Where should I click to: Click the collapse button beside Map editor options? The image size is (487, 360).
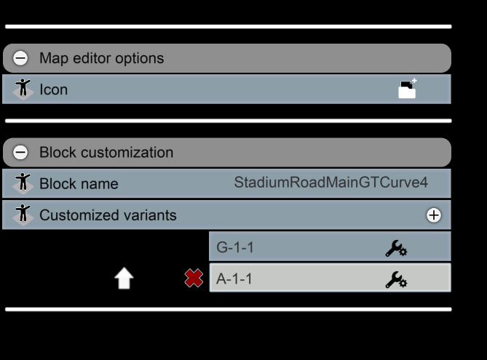[x=20, y=58]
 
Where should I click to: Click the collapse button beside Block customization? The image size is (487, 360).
[x=20, y=153]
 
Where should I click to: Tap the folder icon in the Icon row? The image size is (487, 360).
[x=407, y=89]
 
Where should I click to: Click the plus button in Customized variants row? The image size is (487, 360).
[x=434, y=215]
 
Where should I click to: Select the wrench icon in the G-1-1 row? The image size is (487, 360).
[x=396, y=248]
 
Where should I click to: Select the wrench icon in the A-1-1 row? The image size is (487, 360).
[x=396, y=279]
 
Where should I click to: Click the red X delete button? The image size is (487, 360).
[x=194, y=278]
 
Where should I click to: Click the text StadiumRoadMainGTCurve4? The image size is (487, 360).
[x=330, y=182]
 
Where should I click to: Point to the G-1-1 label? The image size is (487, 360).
[x=235, y=247]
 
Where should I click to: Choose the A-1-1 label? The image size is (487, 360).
[x=234, y=279]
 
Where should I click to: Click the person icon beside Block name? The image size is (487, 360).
[x=23, y=183]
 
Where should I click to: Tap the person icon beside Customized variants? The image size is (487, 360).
[x=23, y=215]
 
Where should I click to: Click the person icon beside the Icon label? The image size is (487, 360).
[x=23, y=89]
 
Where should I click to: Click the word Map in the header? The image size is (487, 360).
[x=54, y=58]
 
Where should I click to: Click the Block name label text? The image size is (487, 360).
[x=79, y=183]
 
